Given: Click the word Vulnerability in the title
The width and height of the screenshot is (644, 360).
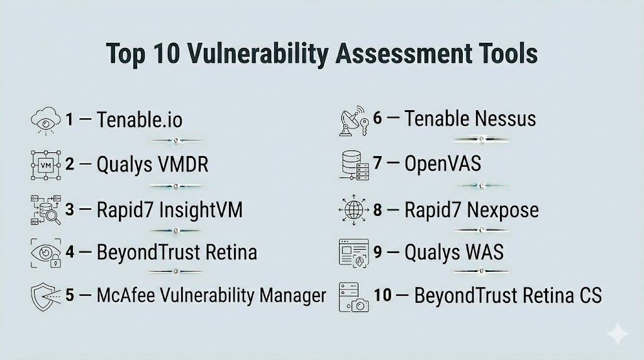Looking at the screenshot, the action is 258,54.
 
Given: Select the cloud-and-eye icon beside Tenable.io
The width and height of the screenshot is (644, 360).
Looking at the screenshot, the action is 45,120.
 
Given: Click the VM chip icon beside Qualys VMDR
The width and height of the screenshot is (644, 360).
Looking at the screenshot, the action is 45,165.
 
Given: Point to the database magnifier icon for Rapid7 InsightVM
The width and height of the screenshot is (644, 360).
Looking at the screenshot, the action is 45,210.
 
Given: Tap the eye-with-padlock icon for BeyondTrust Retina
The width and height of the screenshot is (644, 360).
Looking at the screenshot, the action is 46,253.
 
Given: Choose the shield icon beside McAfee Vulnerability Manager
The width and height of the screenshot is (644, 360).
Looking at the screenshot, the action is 45,296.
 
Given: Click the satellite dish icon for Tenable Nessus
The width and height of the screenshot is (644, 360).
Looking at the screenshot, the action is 353,121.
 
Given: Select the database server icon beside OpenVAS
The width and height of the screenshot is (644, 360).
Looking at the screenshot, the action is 354,165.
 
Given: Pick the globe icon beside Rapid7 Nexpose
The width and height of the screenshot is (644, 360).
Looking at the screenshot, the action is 353,210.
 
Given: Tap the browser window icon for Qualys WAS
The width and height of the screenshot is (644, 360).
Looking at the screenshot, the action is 353,253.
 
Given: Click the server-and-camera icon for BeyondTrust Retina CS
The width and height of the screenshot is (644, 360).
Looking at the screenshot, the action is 353,297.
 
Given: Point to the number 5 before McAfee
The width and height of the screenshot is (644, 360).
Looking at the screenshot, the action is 70,295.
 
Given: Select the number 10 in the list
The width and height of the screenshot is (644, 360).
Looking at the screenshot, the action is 382,295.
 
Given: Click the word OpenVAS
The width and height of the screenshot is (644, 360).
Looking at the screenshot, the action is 443,164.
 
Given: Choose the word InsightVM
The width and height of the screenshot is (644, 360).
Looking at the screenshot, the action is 201,210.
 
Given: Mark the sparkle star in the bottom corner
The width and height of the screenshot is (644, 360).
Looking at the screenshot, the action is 618,334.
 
